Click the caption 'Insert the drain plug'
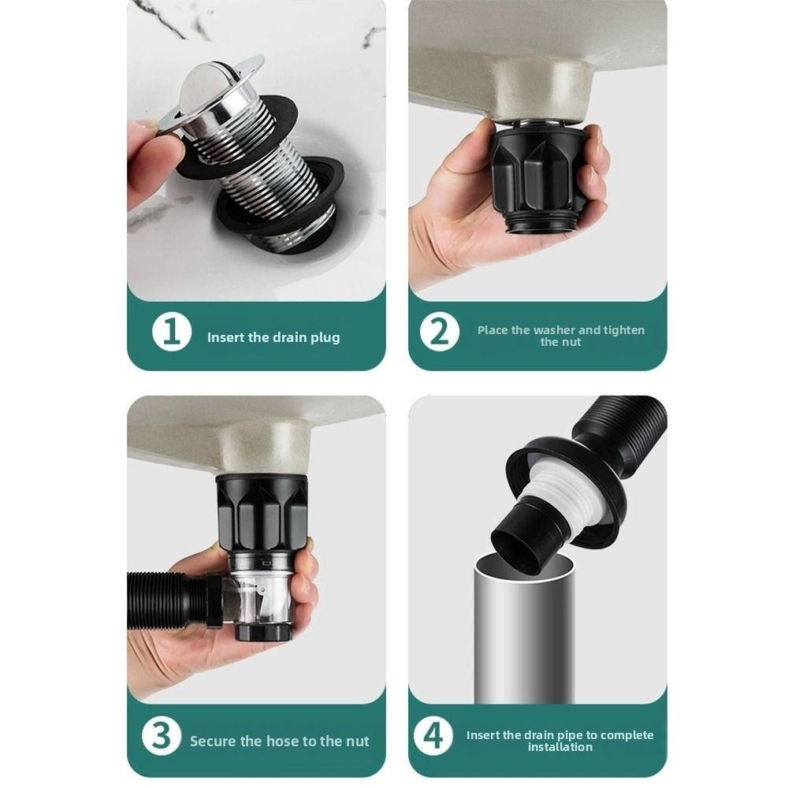pyautogui.click(x=273, y=337)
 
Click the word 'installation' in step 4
pyautogui.click(x=559, y=746)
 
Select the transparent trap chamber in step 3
pyautogui.click(x=264, y=591)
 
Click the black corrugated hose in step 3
pyautogui.click(x=162, y=599)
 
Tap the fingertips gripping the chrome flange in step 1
pyautogui.click(x=146, y=130)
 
